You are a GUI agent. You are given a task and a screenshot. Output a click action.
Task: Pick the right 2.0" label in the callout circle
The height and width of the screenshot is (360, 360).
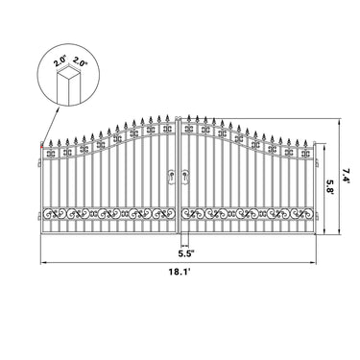(79, 60)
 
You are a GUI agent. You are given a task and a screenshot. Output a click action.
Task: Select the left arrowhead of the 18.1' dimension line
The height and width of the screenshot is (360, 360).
(42, 266)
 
